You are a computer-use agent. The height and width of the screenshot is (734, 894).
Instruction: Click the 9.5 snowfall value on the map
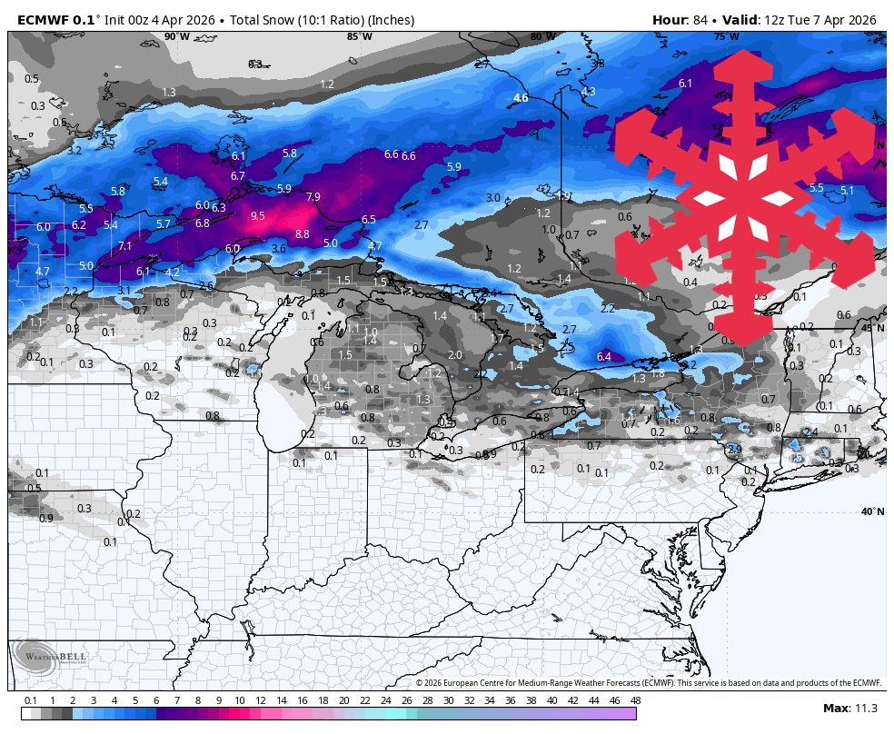coord(258,216)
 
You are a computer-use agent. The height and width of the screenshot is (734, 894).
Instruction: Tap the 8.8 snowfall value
coord(303,234)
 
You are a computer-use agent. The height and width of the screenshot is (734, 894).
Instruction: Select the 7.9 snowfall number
coord(313,197)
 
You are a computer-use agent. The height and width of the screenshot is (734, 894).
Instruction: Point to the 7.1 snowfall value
coord(124,246)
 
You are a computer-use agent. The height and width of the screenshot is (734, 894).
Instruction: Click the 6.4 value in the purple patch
coord(604,357)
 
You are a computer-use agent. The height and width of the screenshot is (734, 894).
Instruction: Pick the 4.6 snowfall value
coord(521,98)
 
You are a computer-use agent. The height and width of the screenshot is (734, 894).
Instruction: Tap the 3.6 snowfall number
coord(279,249)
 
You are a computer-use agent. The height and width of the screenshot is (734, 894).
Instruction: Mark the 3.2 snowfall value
coord(74,151)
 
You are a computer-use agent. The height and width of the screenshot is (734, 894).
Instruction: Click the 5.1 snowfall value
coord(847,191)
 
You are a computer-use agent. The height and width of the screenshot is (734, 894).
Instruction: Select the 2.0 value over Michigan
coord(455,355)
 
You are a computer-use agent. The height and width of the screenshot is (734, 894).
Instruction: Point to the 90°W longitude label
coord(177,37)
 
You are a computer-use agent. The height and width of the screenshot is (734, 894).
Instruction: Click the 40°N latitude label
coord(872,512)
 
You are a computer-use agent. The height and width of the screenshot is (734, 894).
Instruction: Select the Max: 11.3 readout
coord(849,709)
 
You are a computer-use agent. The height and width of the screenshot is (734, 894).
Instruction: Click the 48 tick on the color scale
coord(634,700)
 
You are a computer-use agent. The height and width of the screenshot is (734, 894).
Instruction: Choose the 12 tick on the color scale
coord(261,700)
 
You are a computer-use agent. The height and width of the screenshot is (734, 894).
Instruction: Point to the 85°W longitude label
coord(360,37)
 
